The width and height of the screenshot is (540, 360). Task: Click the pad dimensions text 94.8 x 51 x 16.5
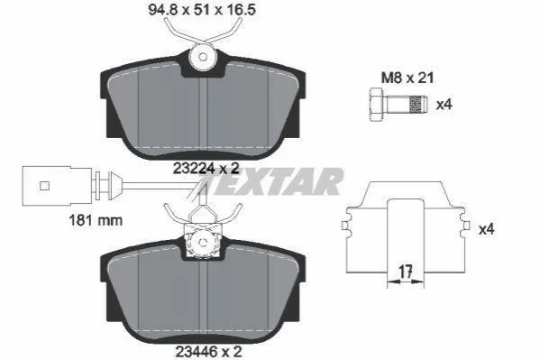click(x=202, y=10)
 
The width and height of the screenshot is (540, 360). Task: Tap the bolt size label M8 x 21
click(x=407, y=78)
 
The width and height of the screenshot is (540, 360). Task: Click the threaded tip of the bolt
click(x=418, y=104)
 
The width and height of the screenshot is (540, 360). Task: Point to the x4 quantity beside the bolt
click(x=444, y=104)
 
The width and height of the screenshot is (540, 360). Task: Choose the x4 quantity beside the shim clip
click(x=486, y=229)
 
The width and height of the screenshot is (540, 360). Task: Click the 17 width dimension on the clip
click(x=406, y=272)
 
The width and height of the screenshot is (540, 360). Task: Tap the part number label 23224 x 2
click(x=206, y=169)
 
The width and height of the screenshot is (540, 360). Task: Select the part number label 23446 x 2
click(x=209, y=352)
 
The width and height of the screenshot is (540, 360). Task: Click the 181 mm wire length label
click(x=96, y=220)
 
